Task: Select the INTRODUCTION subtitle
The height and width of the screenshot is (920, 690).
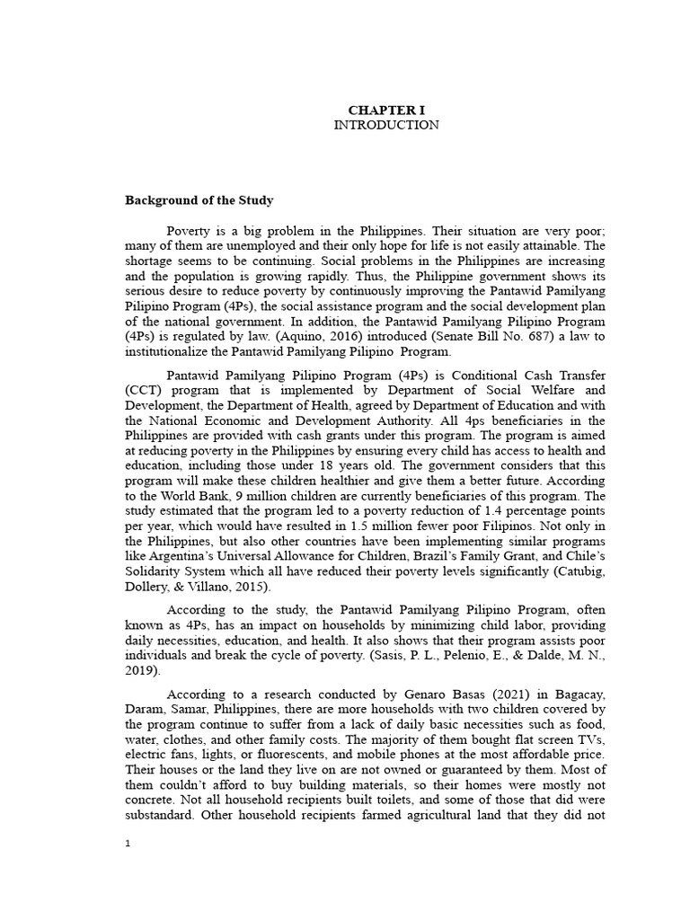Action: click(385, 126)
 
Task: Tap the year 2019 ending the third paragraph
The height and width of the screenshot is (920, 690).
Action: click(143, 669)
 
